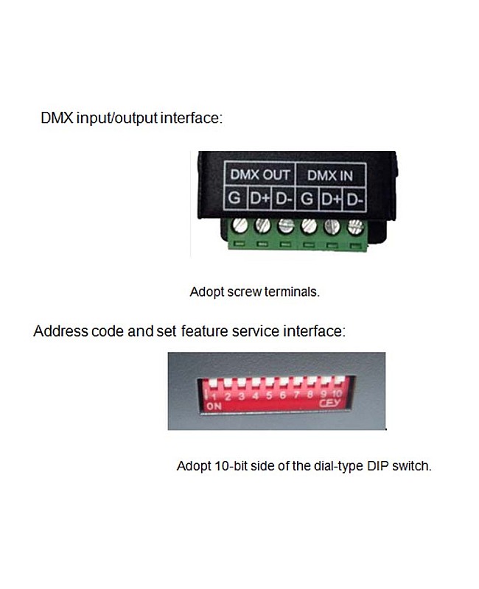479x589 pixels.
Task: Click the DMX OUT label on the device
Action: (x=260, y=176)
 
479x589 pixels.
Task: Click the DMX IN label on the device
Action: (x=329, y=176)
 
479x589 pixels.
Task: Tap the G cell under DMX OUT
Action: (x=234, y=198)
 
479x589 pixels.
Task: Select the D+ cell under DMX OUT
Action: (x=259, y=198)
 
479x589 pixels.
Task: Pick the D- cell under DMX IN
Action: (x=355, y=198)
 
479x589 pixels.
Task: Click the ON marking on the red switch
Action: (x=214, y=406)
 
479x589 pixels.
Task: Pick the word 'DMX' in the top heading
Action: (x=57, y=118)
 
